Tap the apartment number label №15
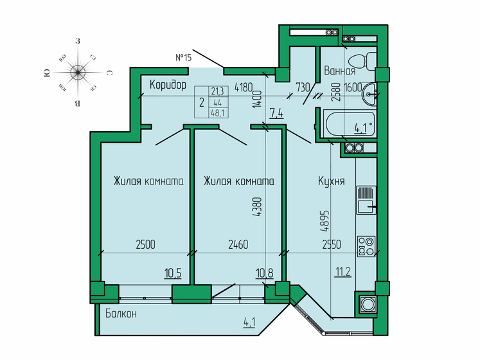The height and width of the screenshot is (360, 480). [x=184, y=58]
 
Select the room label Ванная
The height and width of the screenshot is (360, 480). [x=340, y=71]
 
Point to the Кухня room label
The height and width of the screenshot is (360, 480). [x=332, y=181]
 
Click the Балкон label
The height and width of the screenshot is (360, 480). [x=121, y=313]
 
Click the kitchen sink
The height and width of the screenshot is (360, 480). [x=365, y=199]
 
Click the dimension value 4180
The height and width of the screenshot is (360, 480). [x=243, y=86]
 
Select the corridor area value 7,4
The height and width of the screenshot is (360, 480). [x=277, y=114]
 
